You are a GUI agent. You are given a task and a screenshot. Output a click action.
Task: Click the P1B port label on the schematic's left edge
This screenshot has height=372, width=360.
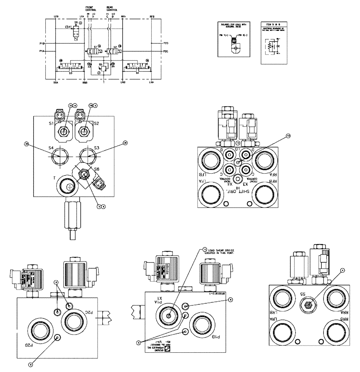[x=42, y=44]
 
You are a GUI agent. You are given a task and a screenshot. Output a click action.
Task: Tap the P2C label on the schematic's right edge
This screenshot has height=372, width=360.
[x=166, y=51]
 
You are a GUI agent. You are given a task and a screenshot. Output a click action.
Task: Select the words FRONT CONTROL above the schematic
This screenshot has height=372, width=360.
[x=91, y=9]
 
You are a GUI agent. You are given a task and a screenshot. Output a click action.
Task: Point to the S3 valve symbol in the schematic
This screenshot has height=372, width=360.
[x=70, y=68]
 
